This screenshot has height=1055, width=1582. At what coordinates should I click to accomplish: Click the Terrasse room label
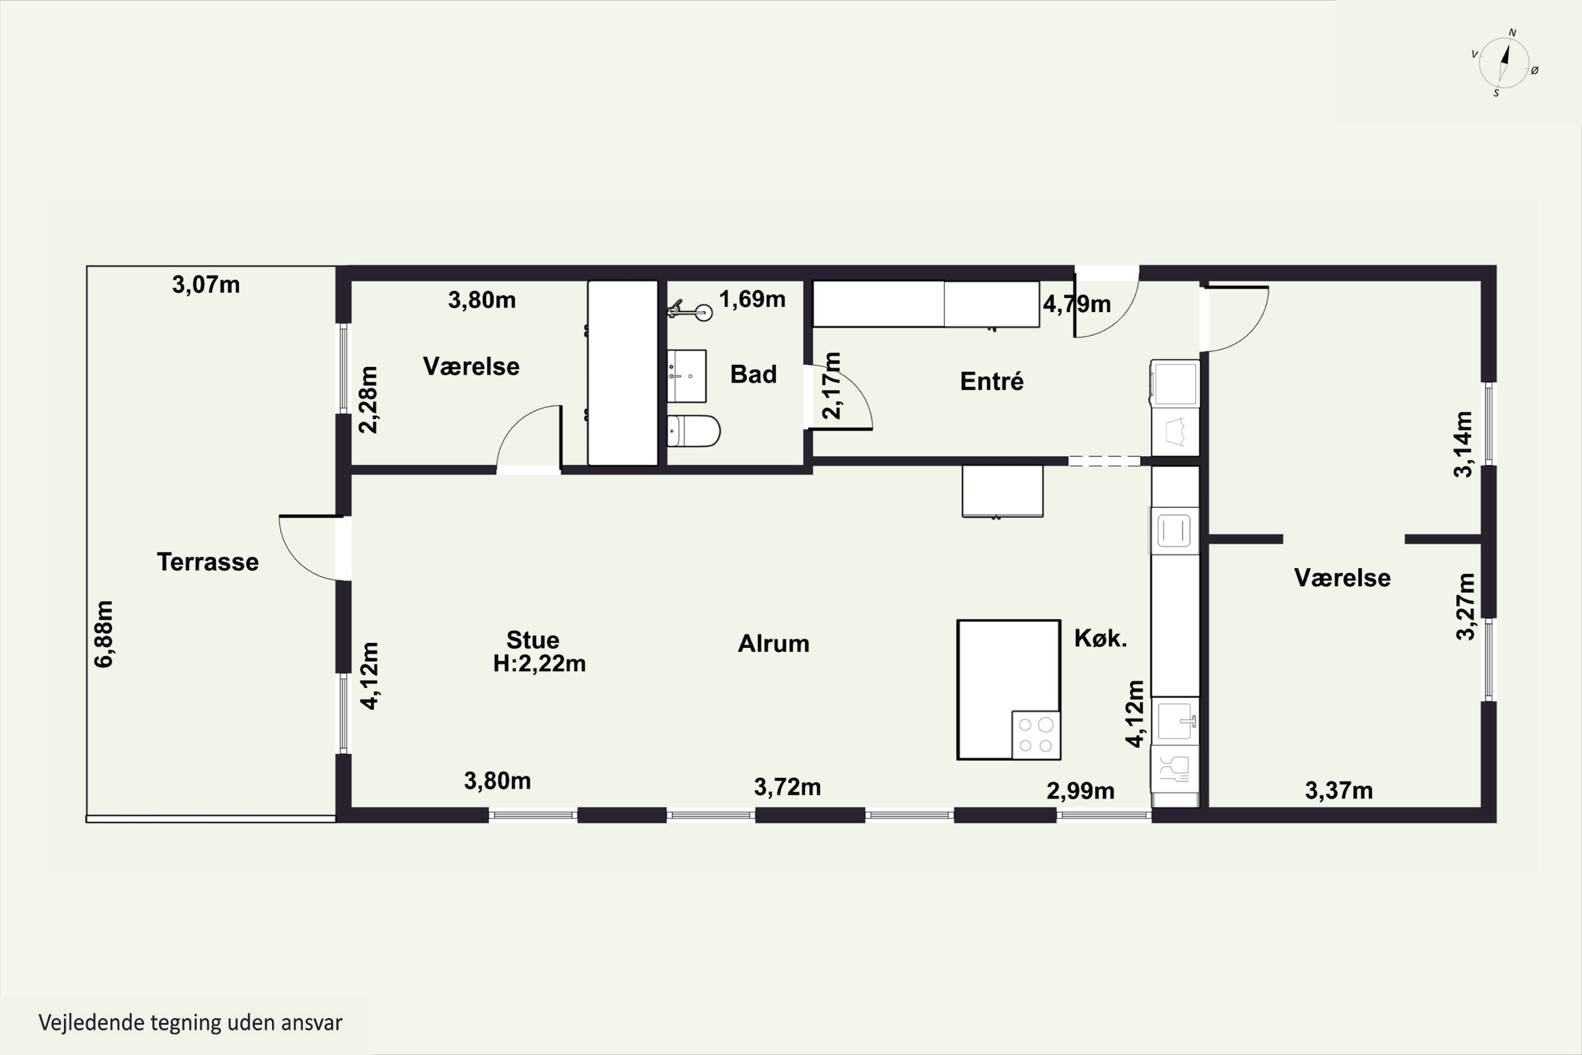[208, 562]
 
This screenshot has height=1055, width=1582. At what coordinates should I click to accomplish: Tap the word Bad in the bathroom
[754, 374]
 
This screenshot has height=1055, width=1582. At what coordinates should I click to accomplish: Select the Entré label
[991, 381]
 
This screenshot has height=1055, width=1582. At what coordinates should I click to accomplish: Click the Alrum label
[774, 644]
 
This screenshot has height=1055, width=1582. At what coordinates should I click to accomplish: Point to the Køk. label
[1101, 638]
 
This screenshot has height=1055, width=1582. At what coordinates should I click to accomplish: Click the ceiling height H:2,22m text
[539, 664]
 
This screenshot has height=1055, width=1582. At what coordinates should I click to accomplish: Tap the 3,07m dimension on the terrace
[206, 285]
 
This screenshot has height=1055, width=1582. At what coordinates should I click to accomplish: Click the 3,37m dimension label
[1338, 791]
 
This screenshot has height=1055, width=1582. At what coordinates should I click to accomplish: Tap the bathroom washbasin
[687, 376]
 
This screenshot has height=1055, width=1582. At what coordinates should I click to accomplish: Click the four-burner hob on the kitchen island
[1036, 735]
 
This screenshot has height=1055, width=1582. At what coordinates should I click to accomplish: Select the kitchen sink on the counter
[1174, 721]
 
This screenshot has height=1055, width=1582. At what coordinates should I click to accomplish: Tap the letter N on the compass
[1513, 32]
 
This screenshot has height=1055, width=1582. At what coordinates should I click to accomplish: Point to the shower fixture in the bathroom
[690, 311]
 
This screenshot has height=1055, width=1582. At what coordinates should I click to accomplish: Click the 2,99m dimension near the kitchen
[1080, 791]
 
